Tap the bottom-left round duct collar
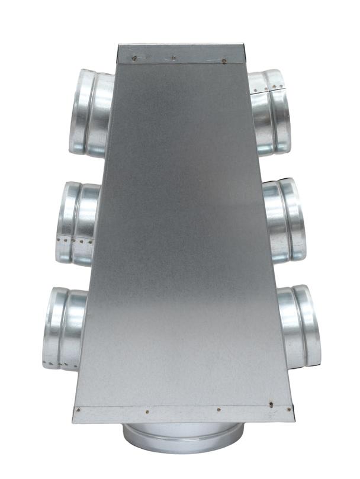click(x=64, y=329)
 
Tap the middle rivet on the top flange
click(x=173, y=58)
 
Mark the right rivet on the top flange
click(x=224, y=60)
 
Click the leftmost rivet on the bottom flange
click(x=78, y=409)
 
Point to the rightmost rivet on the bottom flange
click(x=289, y=409)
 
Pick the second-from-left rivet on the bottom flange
click(x=147, y=409)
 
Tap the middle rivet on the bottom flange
click(x=218, y=409)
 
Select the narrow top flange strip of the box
click(x=180, y=53)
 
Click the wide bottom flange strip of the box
click(x=183, y=414)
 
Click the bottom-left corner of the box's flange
click(x=75, y=421)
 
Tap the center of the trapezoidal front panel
click(x=180, y=237)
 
